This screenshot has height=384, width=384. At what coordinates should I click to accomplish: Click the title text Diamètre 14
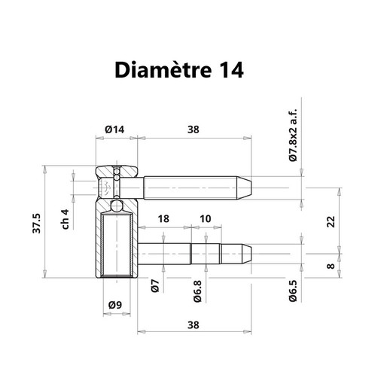pos(179,70)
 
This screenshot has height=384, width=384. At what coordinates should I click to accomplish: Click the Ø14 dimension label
pos(114,130)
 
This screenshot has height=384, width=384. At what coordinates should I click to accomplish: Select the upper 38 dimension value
pos(194,130)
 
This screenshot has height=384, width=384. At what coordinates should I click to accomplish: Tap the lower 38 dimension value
pos(194,325)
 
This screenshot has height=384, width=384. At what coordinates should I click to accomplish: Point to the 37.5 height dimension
pos(37,224)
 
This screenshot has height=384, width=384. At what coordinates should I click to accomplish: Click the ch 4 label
pos(66,219)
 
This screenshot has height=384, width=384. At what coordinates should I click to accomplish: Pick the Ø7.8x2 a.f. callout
pos(293,136)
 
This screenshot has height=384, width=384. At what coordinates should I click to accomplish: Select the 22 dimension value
pos(331,221)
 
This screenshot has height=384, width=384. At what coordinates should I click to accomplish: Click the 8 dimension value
pos(331,266)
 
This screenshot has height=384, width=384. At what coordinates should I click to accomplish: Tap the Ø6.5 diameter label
pos(293,291)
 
